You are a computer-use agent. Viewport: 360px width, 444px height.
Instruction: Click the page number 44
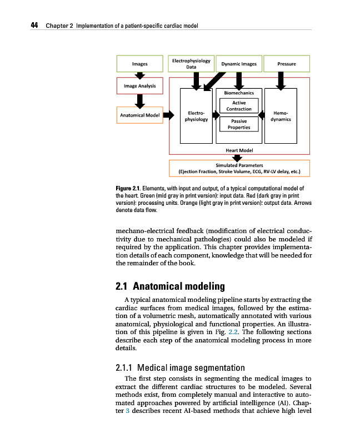34,26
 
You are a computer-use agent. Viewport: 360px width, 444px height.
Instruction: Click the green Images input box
139,64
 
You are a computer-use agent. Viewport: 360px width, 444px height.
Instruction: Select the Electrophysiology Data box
191,64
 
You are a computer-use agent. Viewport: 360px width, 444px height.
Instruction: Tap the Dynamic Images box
239,64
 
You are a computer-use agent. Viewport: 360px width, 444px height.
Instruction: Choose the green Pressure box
286,64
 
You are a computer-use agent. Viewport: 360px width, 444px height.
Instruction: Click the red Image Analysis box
139,86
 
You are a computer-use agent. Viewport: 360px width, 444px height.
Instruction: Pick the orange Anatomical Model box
139,115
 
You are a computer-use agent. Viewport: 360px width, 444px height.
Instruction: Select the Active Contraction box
239,105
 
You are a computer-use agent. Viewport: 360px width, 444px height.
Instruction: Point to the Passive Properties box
239,124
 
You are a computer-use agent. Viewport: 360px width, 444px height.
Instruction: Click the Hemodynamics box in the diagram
281,115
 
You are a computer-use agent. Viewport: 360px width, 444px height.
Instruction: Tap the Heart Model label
239,150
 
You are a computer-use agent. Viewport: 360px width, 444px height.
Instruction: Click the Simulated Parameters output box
239,168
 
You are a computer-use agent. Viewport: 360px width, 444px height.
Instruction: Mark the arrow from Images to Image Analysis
140,75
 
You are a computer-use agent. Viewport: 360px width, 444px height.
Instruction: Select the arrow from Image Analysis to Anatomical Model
140,100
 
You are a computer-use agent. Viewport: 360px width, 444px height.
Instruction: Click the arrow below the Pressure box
281,82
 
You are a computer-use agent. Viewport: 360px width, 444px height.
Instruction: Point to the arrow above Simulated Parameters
239,158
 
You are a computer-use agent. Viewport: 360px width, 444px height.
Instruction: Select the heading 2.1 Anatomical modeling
170,286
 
